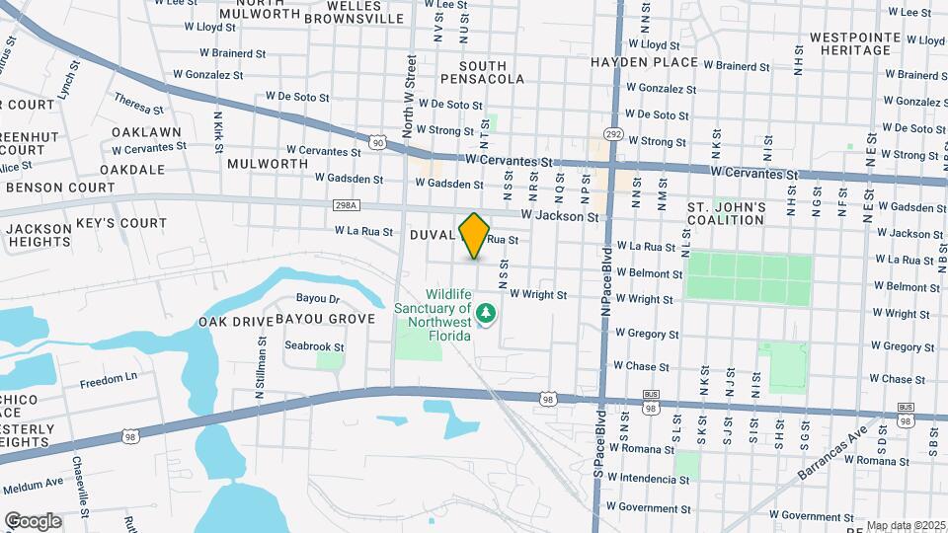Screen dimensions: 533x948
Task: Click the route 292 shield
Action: pos(613,134)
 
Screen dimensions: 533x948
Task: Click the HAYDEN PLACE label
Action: pos(644,61)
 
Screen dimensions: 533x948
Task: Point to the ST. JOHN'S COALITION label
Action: pos(726,213)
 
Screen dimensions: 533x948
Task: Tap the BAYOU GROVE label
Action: pos(325,319)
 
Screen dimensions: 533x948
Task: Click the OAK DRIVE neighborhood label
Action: pos(233,322)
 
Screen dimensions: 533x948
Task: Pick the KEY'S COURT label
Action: pos(121,223)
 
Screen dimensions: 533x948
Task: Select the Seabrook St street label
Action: pos(314,346)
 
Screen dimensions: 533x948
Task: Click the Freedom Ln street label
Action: pos(109,380)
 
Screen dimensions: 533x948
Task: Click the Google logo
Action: pos(33,520)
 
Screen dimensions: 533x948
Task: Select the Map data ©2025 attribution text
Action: pos(906,525)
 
